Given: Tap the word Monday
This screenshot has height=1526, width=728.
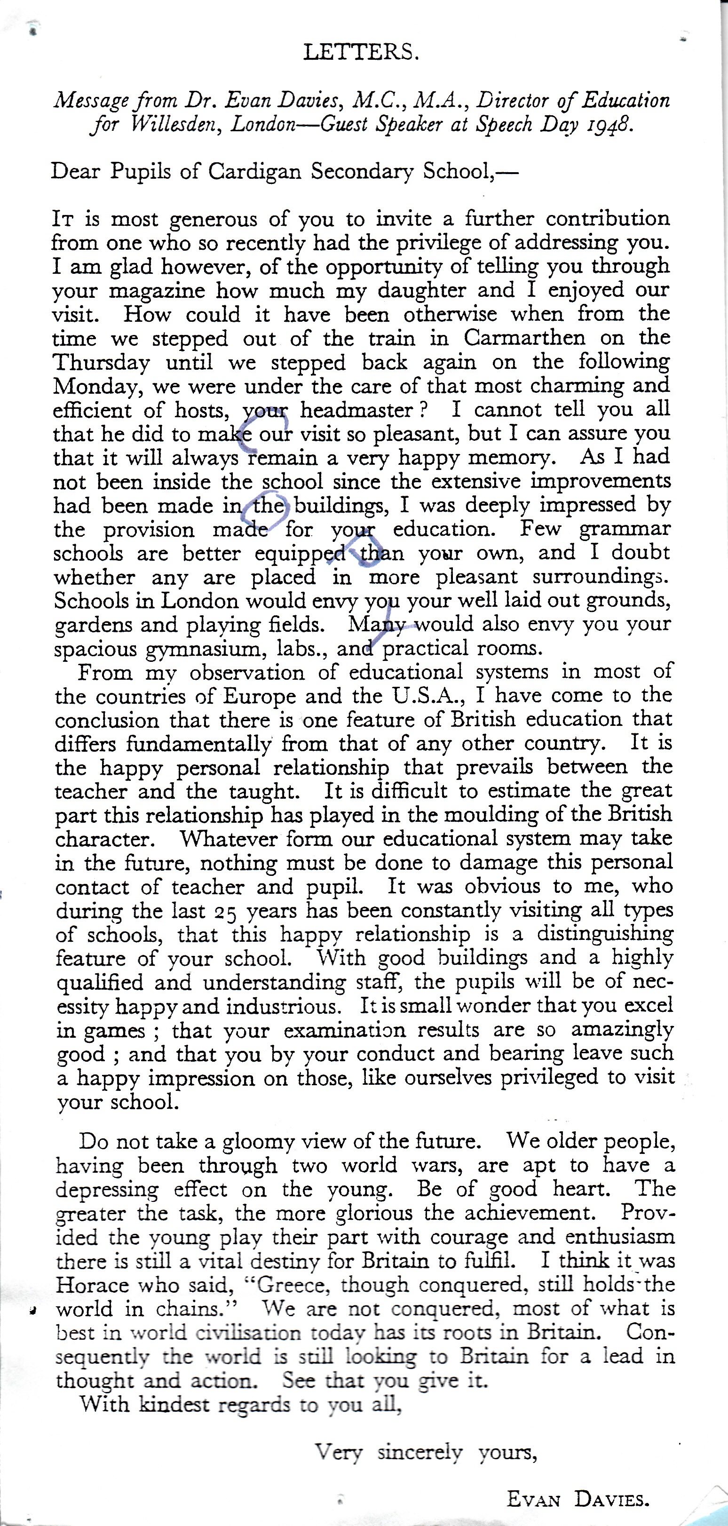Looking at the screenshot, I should pyautogui.click(x=98, y=386).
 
